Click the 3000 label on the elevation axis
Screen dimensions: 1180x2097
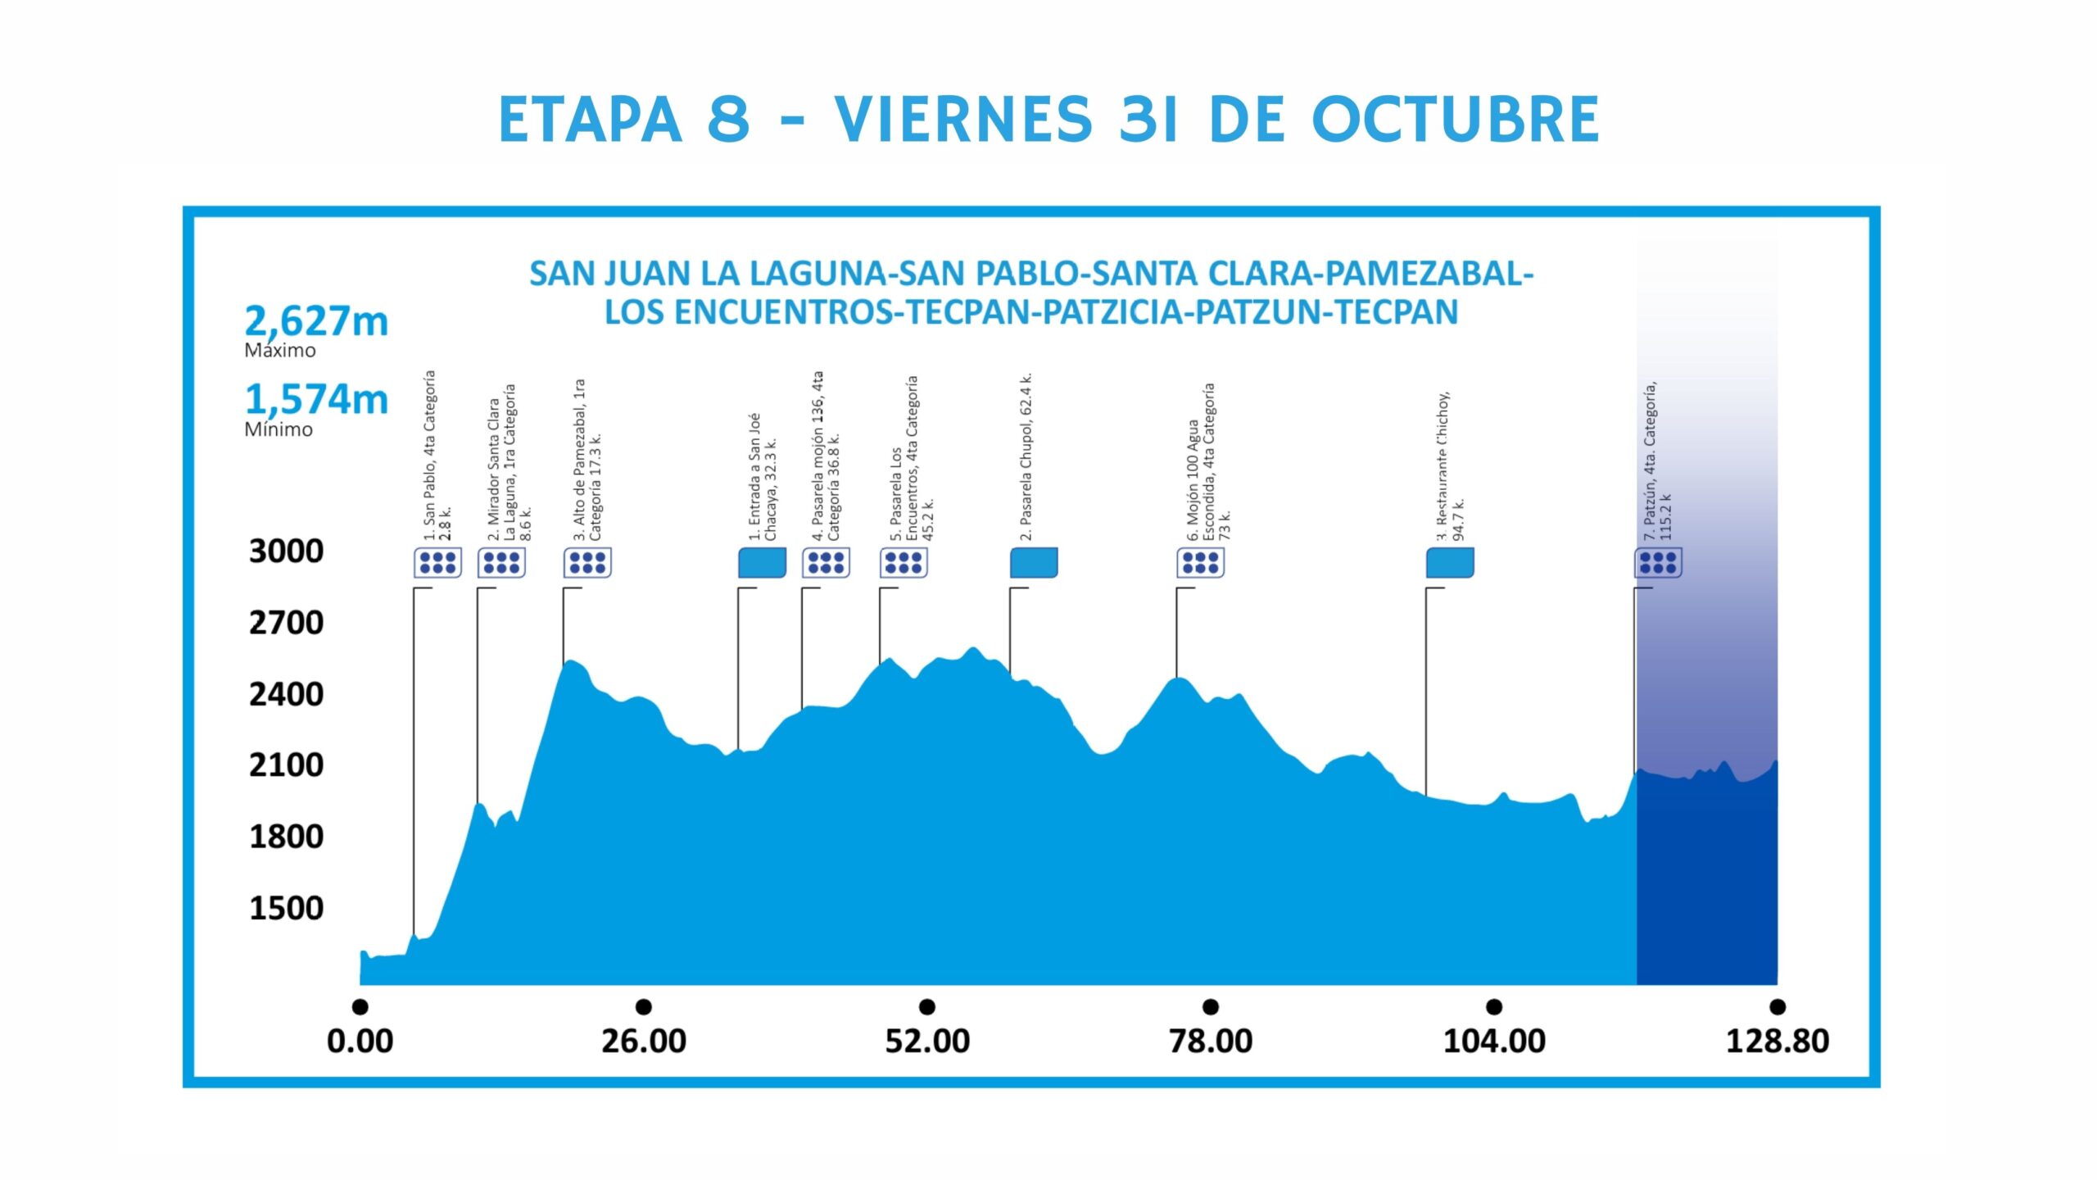286,551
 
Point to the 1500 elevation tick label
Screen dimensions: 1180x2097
286,908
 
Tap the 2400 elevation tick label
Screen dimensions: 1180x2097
286,694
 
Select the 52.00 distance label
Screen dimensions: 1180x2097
926,1041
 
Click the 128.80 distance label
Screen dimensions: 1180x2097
1777,1041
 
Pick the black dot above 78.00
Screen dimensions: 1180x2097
1211,1006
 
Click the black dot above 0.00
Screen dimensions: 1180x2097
360,1006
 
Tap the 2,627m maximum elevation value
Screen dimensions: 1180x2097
316,320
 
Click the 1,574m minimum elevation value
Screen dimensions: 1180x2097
316,399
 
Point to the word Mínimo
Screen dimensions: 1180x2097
279,429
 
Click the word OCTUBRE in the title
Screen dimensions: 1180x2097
1456,120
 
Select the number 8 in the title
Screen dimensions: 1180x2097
728,120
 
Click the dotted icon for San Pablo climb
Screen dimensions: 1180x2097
437,563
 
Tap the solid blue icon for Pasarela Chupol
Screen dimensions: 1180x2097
1034,563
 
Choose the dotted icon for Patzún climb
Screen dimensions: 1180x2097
1658,563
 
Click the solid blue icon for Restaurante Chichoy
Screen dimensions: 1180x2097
1450,563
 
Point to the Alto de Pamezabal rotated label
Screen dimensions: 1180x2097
587,461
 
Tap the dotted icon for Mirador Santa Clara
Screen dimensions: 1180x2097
501,563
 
